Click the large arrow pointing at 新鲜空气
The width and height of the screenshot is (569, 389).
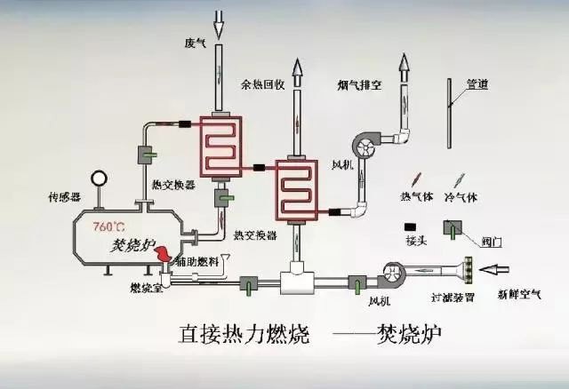497,266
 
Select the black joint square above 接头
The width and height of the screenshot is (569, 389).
411,226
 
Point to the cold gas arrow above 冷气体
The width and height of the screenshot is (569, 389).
461,179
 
